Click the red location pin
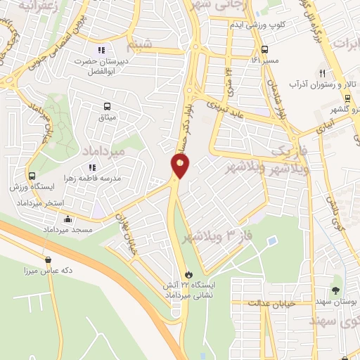[x=181, y=167]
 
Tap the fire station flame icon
[x=188, y=274]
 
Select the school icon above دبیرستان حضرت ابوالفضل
[x=101, y=50]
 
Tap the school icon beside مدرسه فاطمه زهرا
[x=91, y=167]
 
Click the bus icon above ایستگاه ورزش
[x=32, y=176]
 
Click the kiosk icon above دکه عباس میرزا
[x=48, y=259]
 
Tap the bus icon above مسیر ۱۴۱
[x=264, y=50]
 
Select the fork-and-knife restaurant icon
[x=323, y=72]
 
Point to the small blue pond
[x=272, y=242]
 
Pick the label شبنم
[x=138, y=46]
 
